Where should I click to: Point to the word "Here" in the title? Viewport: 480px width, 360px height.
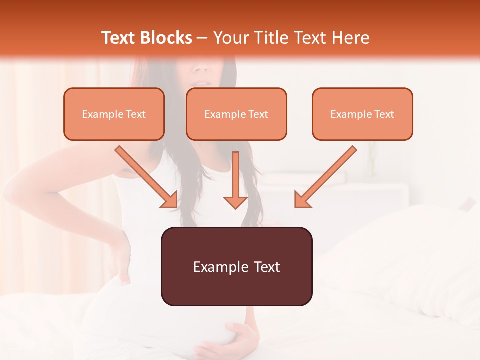pos(351,38)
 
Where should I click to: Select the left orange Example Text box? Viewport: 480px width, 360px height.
pos(114,114)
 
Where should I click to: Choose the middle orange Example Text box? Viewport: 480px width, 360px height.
pos(236,114)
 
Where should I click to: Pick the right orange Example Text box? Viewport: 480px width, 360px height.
pos(362,114)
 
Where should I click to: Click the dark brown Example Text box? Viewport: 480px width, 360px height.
pos(236,266)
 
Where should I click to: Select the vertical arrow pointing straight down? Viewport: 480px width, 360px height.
pos(235,180)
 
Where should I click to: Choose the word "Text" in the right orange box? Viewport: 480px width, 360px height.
pos(384,114)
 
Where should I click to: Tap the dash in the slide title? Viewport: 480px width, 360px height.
pos(202,38)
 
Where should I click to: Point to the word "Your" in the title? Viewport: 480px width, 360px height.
pos(229,38)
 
